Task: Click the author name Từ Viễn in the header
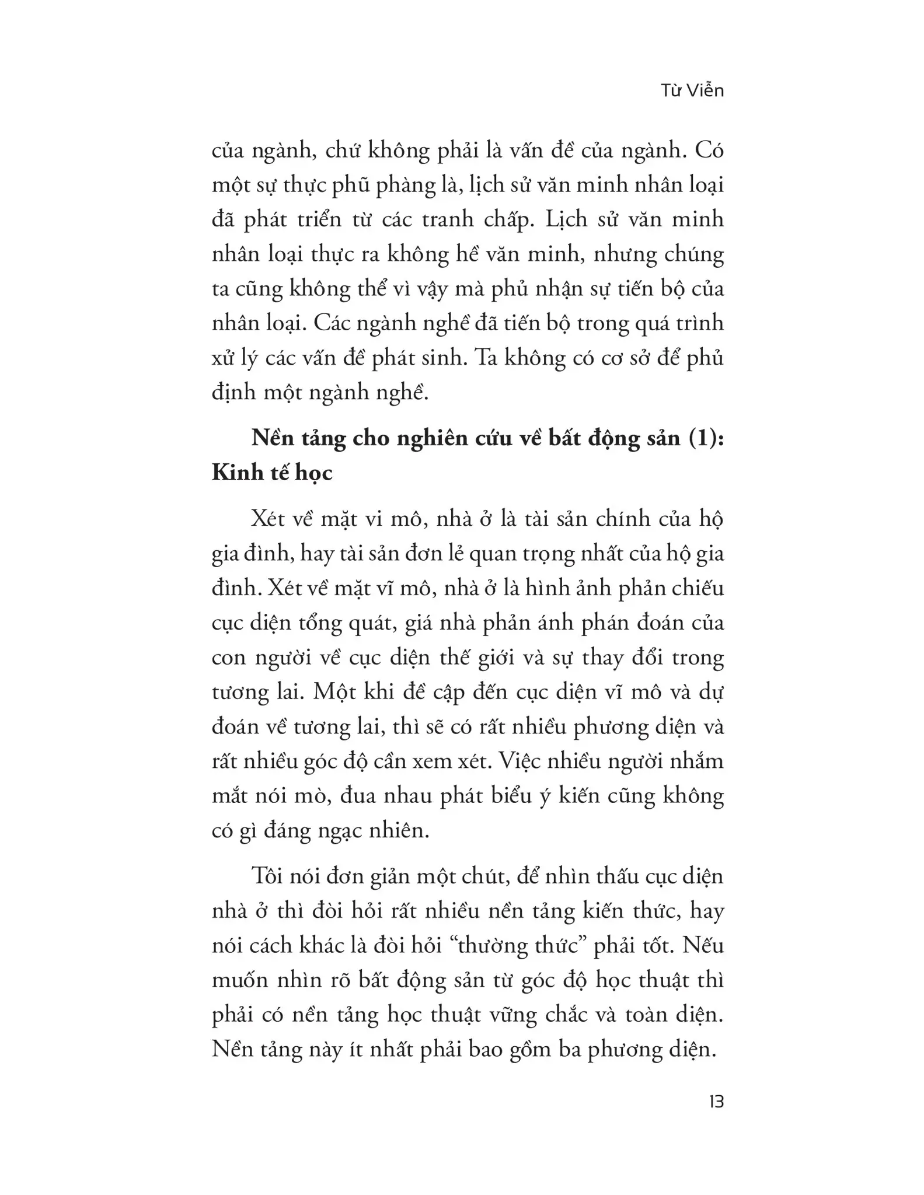(692, 91)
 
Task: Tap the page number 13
(716, 1102)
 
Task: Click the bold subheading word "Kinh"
(235, 473)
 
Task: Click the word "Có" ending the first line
(709, 151)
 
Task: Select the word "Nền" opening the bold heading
(273, 438)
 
